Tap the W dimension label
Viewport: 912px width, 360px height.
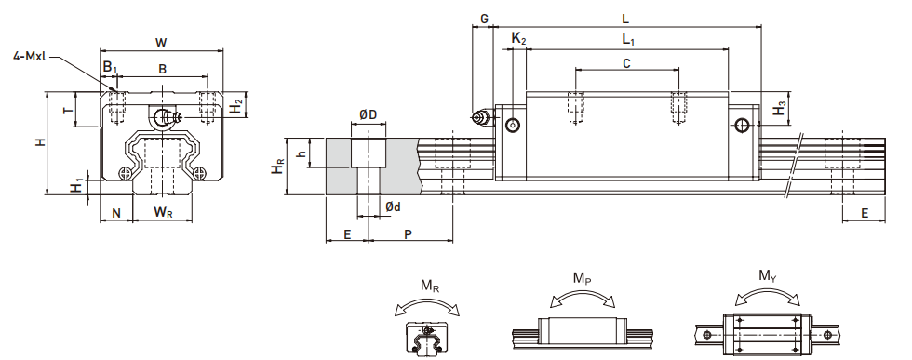click(161, 43)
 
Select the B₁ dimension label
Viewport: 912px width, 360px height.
click(110, 68)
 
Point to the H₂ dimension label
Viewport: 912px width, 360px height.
click(235, 107)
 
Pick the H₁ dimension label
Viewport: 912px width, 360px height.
click(76, 187)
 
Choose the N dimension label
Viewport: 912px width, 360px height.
click(116, 213)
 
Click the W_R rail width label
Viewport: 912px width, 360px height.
click(164, 212)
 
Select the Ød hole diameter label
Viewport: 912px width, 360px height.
click(393, 206)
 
